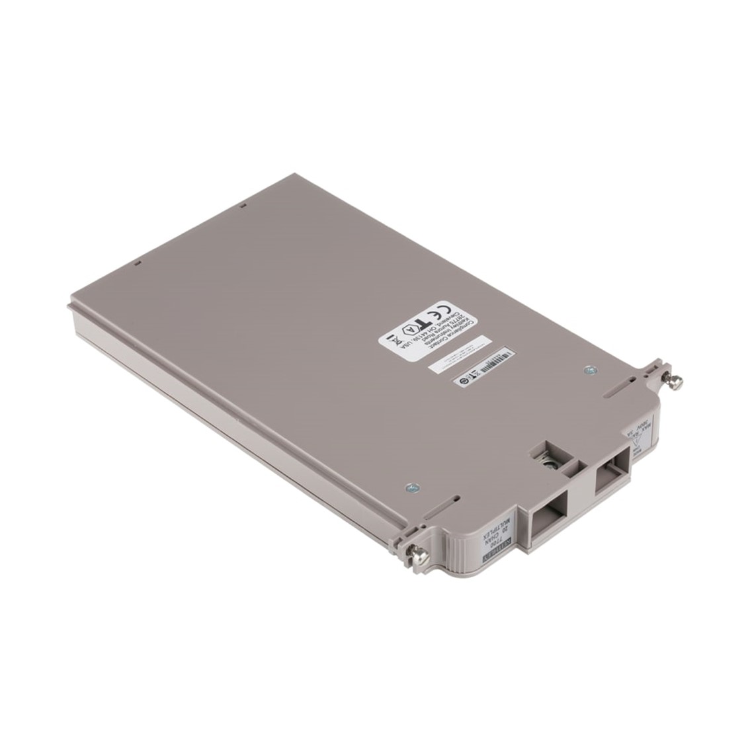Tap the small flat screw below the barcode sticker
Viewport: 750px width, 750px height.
coord(586,371)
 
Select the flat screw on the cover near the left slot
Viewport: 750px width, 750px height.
coord(409,487)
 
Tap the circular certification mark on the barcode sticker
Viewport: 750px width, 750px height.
coord(466,381)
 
